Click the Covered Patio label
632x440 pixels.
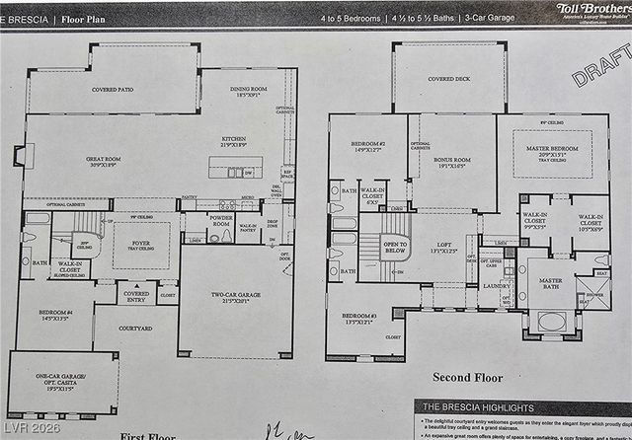point(113,89)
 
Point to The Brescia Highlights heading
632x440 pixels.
point(479,406)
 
